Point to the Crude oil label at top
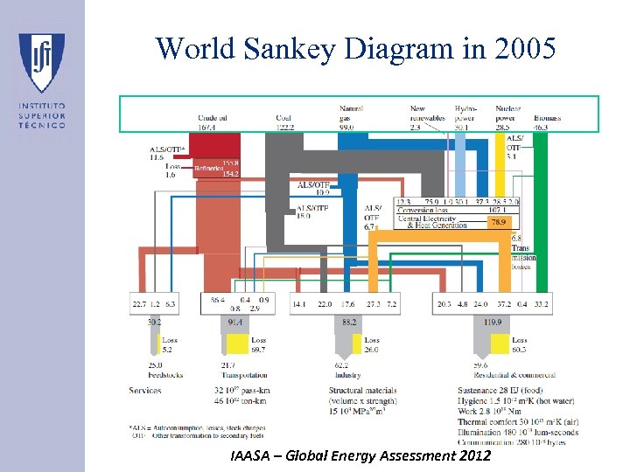click(213, 117)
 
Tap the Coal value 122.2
click(285, 127)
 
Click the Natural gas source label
click(351, 113)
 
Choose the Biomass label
click(547, 117)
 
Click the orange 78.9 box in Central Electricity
click(495, 223)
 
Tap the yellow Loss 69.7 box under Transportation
click(259, 345)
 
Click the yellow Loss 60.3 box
click(519, 345)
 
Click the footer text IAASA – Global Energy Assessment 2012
click(361, 456)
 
